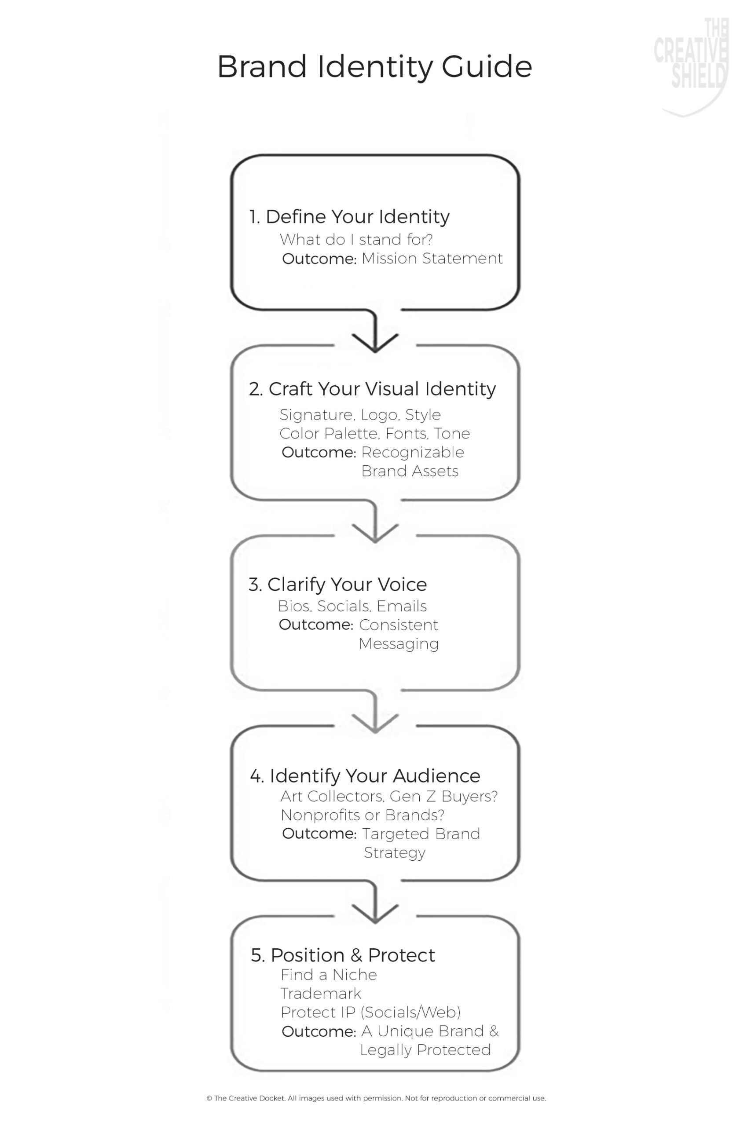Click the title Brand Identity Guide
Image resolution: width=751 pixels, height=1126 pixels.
(x=374, y=67)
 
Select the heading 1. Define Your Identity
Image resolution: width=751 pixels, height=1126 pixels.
(x=349, y=217)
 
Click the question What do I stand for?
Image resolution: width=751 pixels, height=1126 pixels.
(x=356, y=239)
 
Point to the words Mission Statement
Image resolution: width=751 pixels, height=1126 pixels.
(x=432, y=259)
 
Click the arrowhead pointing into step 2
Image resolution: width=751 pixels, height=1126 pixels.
(x=375, y=343)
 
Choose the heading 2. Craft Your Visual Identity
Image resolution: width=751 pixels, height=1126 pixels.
(x=372, y=389)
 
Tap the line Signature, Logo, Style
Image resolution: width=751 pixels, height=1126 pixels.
(x=360, y=415)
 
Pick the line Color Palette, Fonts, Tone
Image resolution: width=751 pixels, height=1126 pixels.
(x=374, y=433)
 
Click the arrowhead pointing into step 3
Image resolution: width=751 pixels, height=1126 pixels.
(x=375, y=533)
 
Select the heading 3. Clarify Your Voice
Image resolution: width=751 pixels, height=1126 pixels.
(x=337, y=585)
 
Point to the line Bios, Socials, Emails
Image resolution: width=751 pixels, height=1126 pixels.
(x=352, y=607)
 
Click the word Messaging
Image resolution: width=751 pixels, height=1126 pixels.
(x=399, y=644)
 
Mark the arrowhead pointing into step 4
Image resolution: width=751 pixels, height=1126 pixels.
(x=375, y=724)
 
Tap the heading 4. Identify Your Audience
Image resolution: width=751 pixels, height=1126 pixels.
(x=365, y=776)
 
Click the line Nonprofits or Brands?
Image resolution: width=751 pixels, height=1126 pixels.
(x=363, y=815)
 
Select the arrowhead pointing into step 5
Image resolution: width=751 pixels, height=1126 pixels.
(x=375, y=914)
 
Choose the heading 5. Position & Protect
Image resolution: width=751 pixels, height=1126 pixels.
(x=343, y=955)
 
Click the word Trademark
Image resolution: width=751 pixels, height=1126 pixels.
(x=321, y=994)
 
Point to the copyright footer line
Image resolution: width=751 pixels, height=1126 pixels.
(x=376, y=1098)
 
